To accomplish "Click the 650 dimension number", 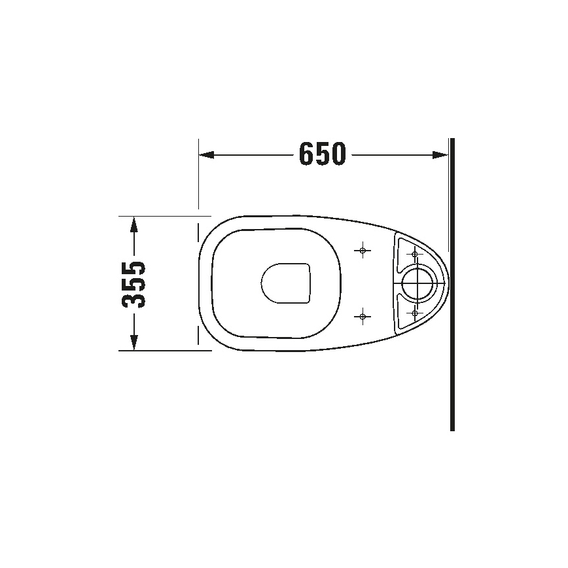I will [x=321, y=155].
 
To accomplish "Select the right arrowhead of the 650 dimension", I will [x=441, y=155].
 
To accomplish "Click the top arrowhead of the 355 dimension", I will [x=134, y=224].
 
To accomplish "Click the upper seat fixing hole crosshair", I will [x=363, y=251].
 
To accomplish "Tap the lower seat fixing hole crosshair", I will [x=363, y=317].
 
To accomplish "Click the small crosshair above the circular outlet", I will [x=414, y=254].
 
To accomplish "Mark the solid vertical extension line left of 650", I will [x=198, y=173].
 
